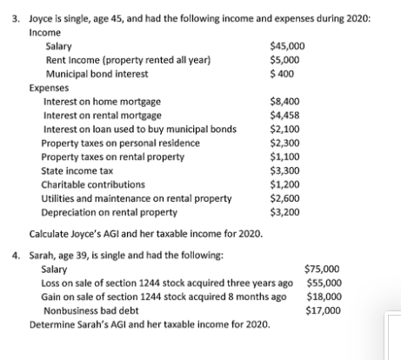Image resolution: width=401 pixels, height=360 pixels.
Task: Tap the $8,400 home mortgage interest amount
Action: [x=285, y=102]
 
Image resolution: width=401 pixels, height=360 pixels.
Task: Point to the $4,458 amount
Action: [x=285, y=115]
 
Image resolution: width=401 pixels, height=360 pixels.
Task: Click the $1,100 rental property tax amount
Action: [x=285, y=157]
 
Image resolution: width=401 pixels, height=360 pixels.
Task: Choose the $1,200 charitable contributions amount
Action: [x=285, y=184]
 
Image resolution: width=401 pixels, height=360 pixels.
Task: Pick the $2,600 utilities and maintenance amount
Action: [x=285, y=197]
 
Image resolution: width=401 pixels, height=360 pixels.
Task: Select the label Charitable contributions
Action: [x=94, y=184]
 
